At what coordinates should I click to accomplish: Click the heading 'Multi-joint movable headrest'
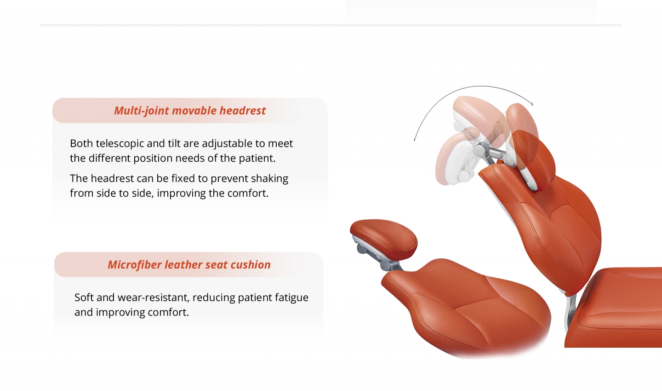(190, 111)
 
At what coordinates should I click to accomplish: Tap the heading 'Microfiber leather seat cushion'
(189, 265)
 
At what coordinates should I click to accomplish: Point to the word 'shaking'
(269, 179)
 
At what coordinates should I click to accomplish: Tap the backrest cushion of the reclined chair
(467, 308)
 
